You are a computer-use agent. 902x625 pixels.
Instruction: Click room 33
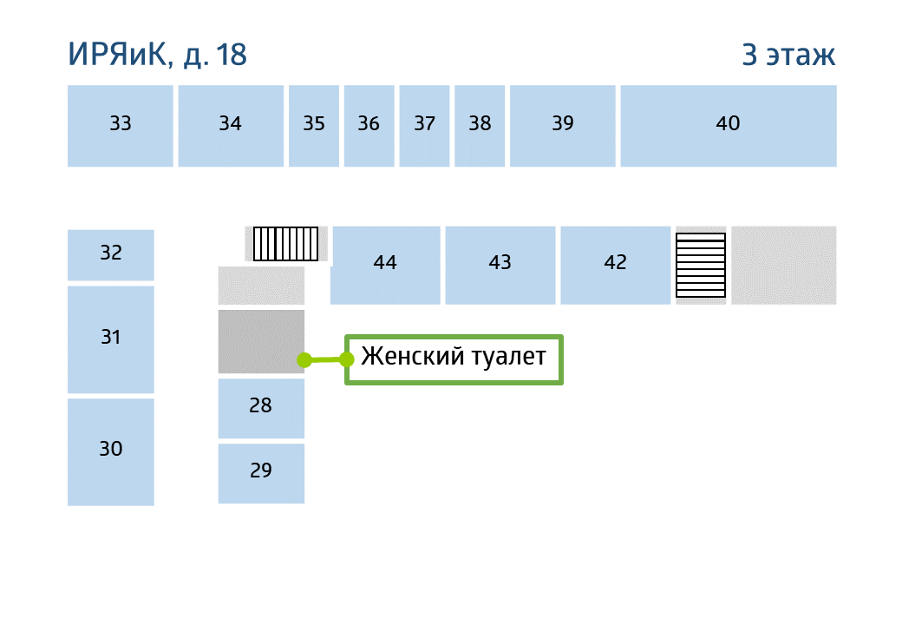click(121, 126)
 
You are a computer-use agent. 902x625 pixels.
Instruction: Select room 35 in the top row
click(313, 126)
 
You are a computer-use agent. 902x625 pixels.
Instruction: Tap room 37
click(424, 126)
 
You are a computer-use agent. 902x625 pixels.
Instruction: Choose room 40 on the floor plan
click(729, 126)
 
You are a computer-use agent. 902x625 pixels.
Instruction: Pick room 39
click(563, 126)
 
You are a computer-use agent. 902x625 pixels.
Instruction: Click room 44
click(385, 266)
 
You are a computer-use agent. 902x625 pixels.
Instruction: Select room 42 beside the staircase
click(616, 266)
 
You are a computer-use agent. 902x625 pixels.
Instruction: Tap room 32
click(111, 255)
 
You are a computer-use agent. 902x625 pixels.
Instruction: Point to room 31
click(111, 339)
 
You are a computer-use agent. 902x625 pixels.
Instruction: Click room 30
click(111, 452)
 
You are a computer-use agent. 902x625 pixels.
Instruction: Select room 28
click(261, 409)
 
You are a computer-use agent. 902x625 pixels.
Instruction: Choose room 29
click(261, 474)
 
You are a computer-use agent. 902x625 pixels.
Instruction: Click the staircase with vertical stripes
click(286, 244)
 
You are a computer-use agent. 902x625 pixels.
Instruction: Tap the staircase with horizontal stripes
click(701, 266)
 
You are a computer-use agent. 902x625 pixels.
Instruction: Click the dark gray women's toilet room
click(261, 342)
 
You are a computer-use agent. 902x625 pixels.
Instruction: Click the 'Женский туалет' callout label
click(454, 359)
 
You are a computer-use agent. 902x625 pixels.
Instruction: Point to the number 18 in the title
click(232, 55)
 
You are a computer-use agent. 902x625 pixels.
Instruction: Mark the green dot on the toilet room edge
click(304, 360)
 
